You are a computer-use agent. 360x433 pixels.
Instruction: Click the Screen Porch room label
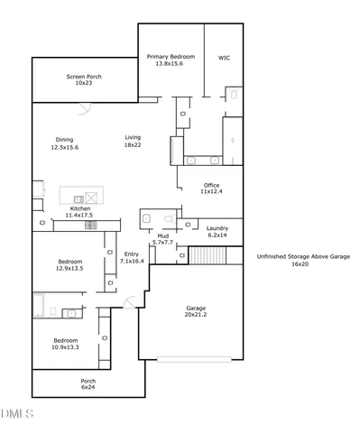click(83, 79)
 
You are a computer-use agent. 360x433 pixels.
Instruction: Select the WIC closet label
click(224, 58)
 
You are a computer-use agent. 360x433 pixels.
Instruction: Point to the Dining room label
click(65, 143)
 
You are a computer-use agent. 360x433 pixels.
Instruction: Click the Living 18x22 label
click(133, 141)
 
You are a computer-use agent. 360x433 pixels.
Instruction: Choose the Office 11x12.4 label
click(211, 189)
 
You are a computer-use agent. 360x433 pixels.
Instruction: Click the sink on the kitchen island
click(78, 198)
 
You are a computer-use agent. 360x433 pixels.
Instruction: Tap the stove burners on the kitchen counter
click(91, 226)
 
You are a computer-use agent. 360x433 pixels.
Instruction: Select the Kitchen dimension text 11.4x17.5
click(78, 216)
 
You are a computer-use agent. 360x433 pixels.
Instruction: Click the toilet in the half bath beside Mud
click(170, 219)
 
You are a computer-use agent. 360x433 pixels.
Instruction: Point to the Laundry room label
click(217, 232)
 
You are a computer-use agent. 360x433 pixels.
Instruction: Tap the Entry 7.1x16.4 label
click(132, 257)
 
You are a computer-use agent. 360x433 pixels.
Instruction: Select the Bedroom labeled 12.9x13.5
click(71, 264)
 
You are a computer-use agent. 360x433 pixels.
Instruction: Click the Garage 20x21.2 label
click(196, 310)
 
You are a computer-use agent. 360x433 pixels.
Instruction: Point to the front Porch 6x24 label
click(88, 384)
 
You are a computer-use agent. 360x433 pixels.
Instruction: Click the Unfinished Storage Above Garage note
click(302, 261)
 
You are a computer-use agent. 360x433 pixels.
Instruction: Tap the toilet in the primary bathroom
click(233, 93)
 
